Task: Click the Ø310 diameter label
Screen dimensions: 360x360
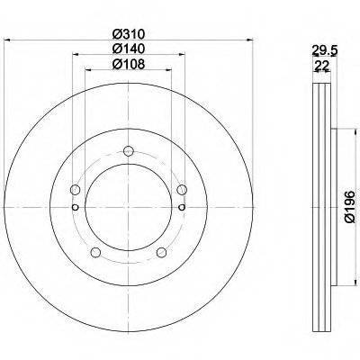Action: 129,34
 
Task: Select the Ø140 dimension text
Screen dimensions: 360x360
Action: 129,49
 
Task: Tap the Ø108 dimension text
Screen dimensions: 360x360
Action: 129,64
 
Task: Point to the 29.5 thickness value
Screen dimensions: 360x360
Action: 325,51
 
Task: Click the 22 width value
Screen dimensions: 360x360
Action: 321,66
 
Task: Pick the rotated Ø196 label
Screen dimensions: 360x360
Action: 350,207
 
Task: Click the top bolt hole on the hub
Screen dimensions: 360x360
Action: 129,150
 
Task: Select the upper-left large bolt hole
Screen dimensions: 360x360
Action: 75,190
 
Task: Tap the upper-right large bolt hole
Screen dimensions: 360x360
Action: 182,190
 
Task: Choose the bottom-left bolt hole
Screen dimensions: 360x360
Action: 95,252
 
